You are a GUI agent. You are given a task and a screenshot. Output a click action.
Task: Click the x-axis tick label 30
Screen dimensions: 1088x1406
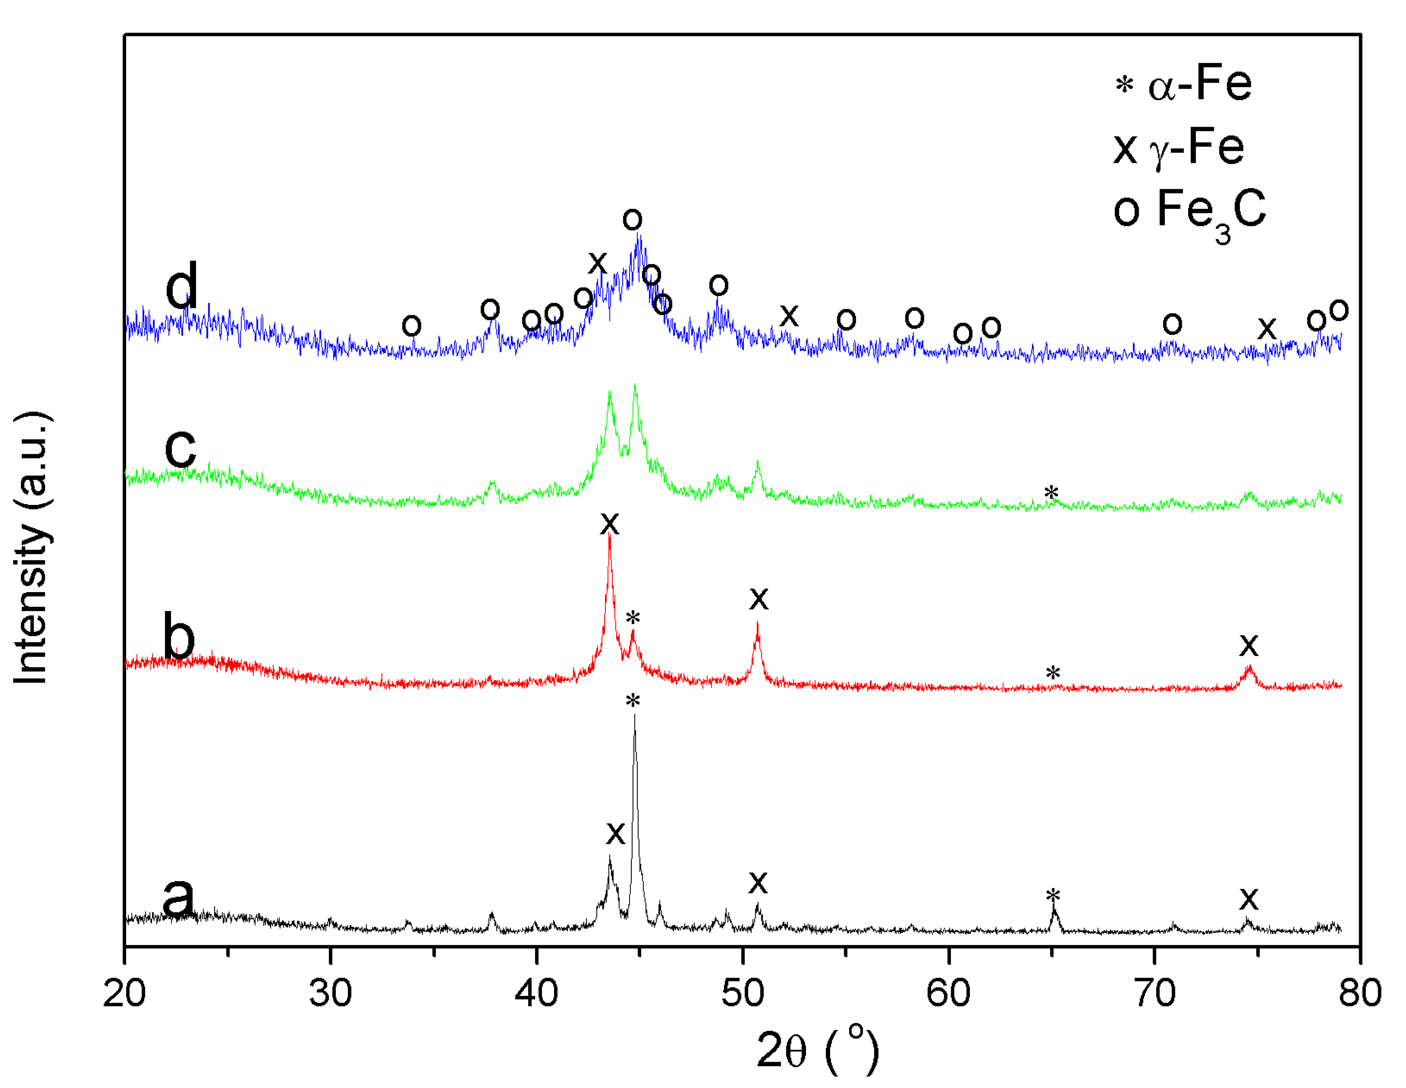click(x=330, y=993)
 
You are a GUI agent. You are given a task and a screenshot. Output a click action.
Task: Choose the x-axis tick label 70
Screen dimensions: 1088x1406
click(x=1154, y=993)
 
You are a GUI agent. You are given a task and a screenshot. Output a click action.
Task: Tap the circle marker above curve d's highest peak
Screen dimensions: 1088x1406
click(x=632, y=220)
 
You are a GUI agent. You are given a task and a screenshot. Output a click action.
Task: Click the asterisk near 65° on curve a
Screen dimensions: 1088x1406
click(x=1053, y=896)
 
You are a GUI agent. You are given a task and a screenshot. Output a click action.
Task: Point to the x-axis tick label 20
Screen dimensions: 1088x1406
click(x=124, y=993)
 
